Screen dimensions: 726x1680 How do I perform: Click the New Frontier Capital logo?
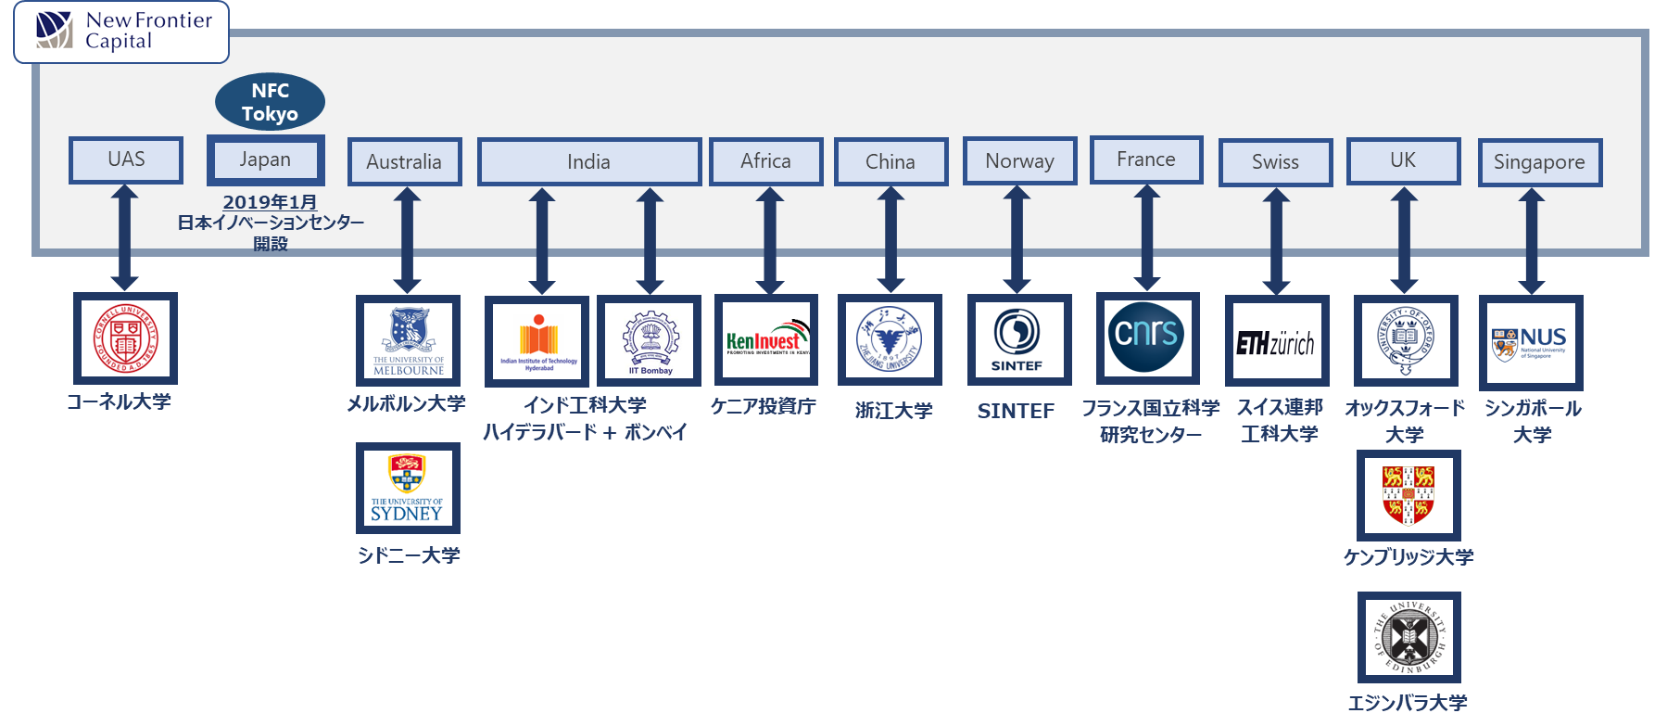[x=120, y=32]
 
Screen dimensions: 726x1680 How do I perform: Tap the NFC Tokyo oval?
[x=270, y=102]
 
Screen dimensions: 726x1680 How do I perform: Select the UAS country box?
[x=126, y=159]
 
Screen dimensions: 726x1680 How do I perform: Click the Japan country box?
[x=265, y=159]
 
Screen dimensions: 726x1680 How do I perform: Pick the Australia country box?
[x=404, y=162]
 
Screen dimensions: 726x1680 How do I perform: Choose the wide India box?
[x=588, y=162]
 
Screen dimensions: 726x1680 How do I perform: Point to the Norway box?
[x=1019, y=161]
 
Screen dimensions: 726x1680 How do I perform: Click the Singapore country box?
[x=1539, y=162]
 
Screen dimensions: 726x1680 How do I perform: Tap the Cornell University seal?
[x=125, y=338]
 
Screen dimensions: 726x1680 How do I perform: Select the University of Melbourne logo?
[x=408, y=340]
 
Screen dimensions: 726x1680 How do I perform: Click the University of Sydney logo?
[x=408, y=488]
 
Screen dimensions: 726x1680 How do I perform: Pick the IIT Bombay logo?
[x=650, y=342]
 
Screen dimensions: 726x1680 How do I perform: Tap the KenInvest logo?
[x=765, y=340]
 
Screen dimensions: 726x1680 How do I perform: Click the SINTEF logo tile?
[x=1017, y=340]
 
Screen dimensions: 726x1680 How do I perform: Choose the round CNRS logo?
[x=1146, y=336]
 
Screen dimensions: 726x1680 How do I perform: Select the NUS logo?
[x=1531, y=342]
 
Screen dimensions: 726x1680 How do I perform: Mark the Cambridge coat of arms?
[x=1408, y=495]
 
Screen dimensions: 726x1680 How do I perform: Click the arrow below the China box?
[x=891, y=239]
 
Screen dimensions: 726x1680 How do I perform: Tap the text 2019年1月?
[x=270, y=202]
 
